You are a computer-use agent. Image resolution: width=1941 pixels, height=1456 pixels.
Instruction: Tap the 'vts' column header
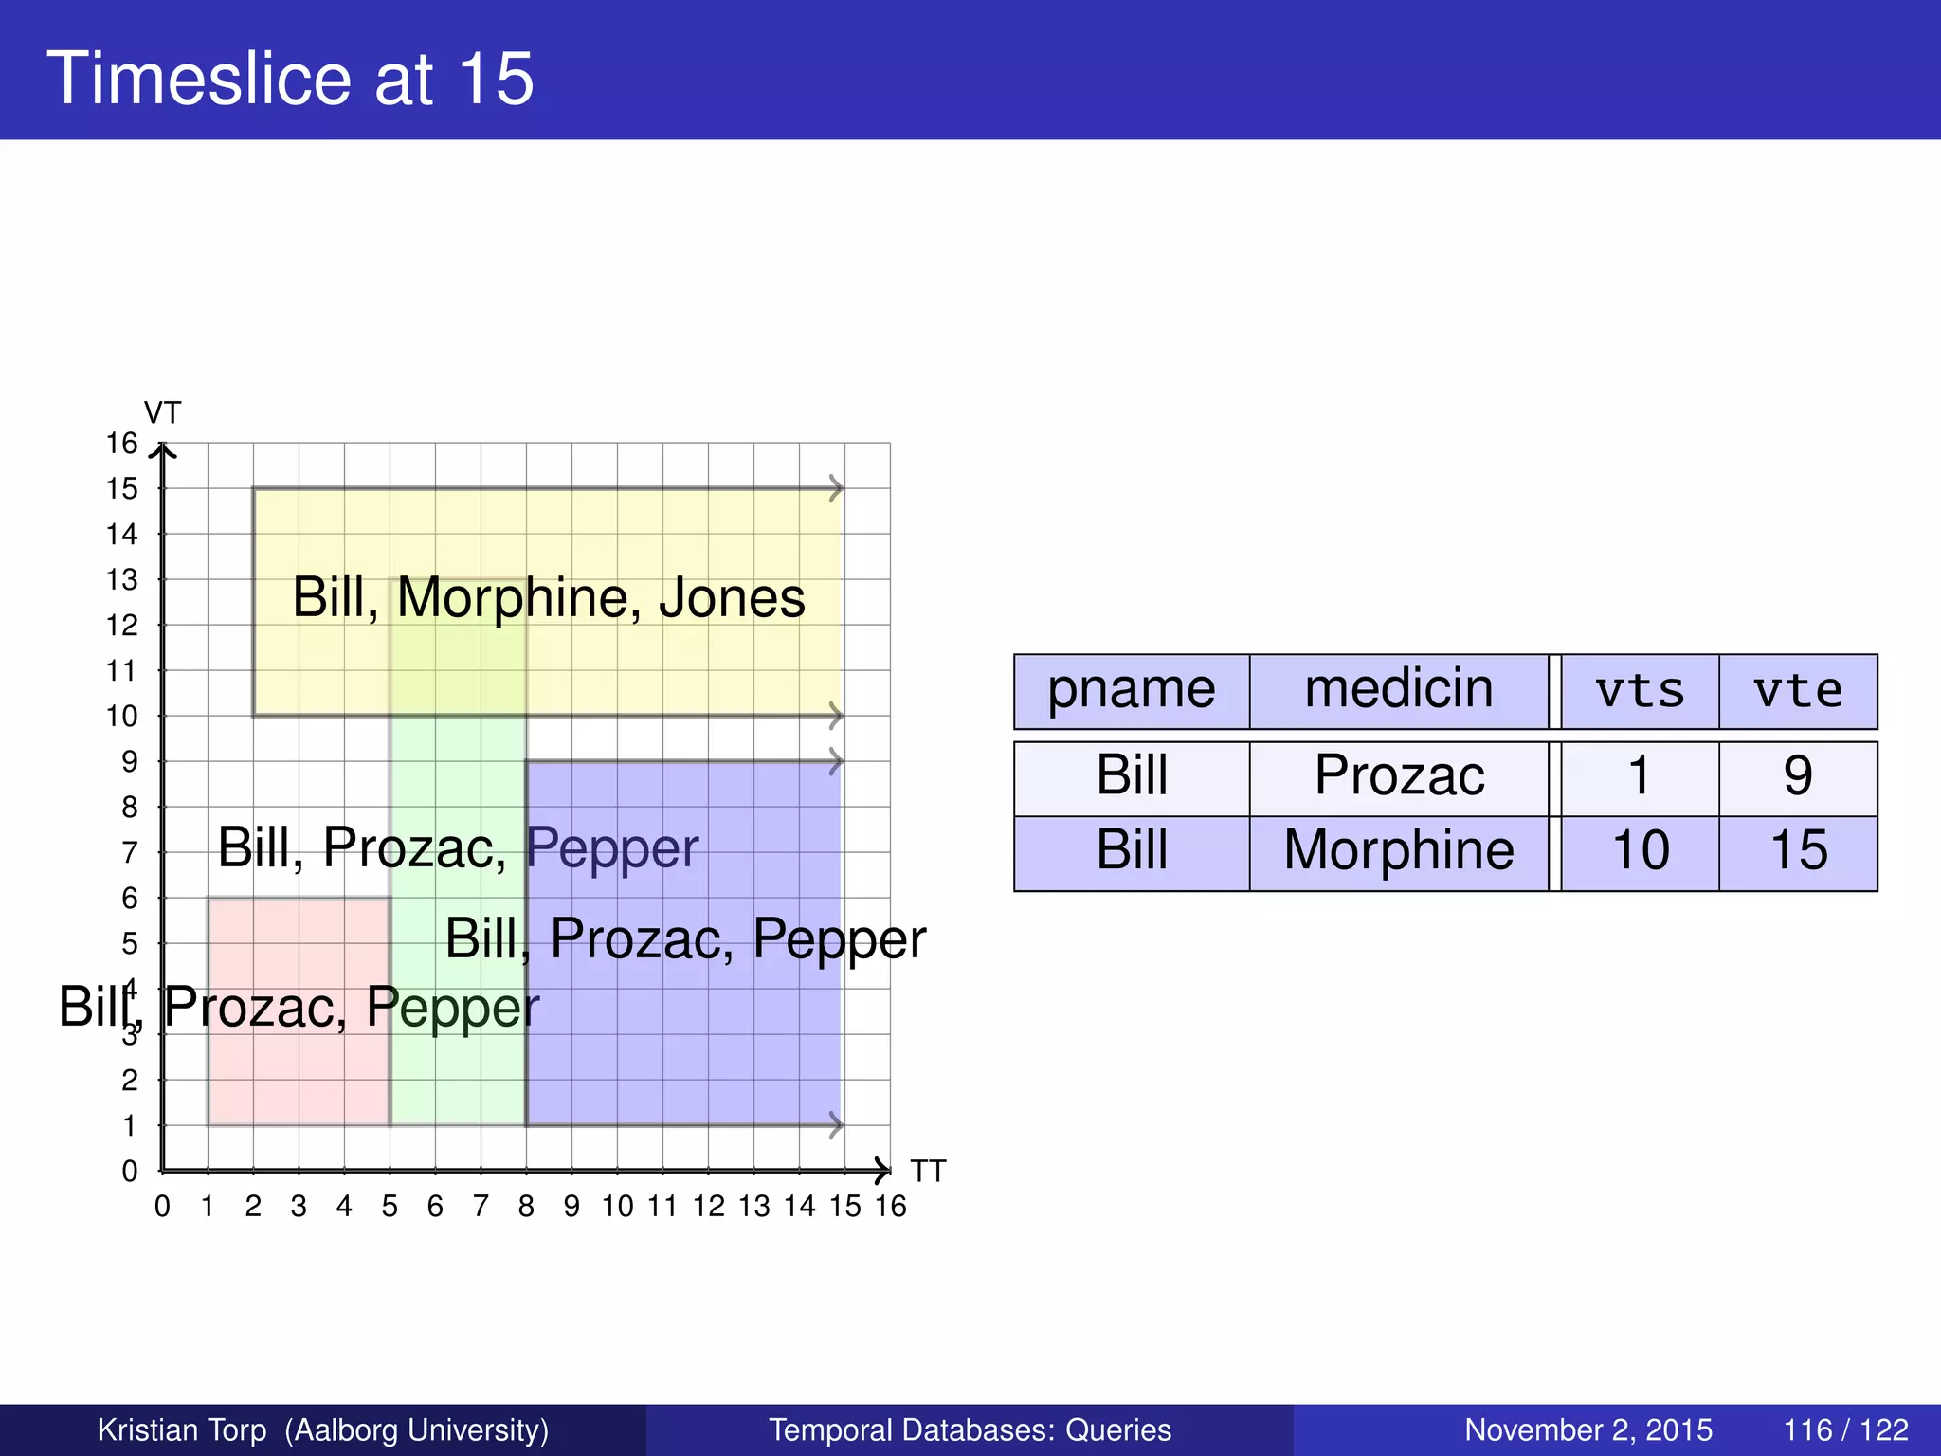[x=1640, y=691]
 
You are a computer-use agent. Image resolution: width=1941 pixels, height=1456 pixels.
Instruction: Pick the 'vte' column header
[x=1798, y=691]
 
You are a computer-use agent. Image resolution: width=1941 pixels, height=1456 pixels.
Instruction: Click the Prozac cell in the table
[x=1399, y=776]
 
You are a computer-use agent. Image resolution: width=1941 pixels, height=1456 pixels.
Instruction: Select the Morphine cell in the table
[x=1399, y=850]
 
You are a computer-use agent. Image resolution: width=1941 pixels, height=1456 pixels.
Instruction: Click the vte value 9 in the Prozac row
[x=1798, y=776]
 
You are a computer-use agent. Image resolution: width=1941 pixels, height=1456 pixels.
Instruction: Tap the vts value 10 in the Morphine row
[x=1640, y=850]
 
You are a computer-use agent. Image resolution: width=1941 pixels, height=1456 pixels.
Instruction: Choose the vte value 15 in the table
[x=1798, y=850]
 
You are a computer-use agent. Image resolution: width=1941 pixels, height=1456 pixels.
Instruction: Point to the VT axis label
[x=162, y=413]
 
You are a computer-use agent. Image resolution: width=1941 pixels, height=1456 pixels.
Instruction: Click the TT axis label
[x=928, y=1172]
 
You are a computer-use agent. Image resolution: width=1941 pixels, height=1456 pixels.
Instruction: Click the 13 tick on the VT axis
[x=122, y=579]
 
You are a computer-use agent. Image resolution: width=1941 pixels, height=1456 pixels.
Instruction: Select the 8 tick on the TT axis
[x=526, y=1207]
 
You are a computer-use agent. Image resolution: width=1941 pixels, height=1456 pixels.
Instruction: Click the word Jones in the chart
[x=732, y=598]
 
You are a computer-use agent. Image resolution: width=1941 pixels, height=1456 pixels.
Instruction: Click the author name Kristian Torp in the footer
[x=182, y=1429]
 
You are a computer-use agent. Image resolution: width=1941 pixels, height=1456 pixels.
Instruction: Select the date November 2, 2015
[x=1588, y=1429]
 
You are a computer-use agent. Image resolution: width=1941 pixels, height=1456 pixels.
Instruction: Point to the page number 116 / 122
[x=1845, y=1429]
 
